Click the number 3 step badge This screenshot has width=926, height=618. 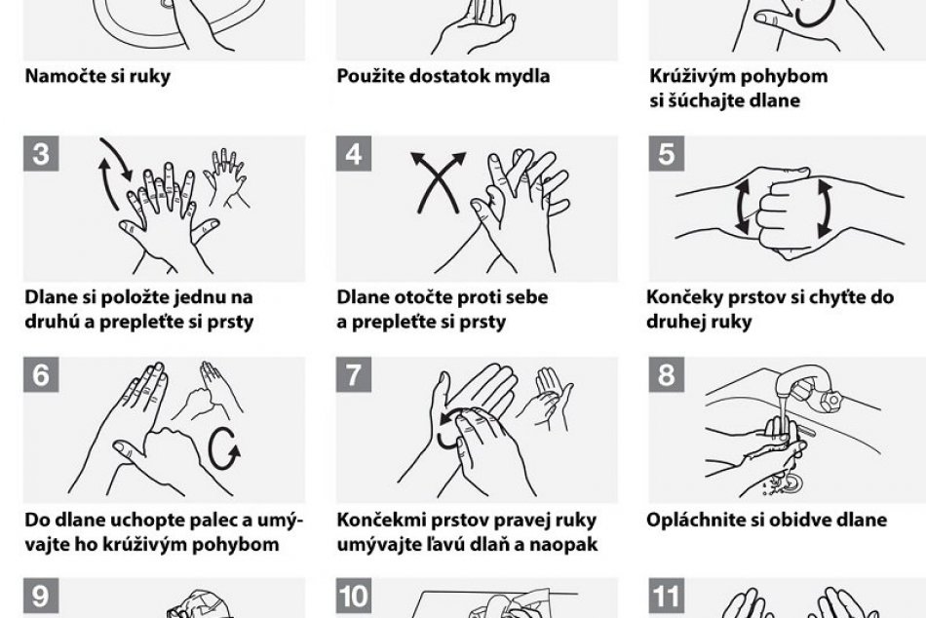click(x=41, y=154)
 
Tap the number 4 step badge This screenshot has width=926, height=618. click(x=353, y=154)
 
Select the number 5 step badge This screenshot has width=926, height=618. click(x=666, y=154)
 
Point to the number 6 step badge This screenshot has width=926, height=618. click(x=41, y=374)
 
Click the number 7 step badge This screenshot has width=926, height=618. click(x=353, y=374)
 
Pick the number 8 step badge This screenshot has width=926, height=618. click(x=666, y=374)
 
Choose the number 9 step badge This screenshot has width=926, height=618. click(x=41, y=596)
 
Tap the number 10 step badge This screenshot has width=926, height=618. click(x=353, y=596)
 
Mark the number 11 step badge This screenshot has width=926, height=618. click(x=666, y=596)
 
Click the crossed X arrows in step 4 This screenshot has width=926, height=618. click(x=439, y=180)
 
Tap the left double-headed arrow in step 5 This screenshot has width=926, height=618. click(x=743, y=207)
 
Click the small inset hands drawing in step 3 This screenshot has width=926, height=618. click(x=224, y=177)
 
